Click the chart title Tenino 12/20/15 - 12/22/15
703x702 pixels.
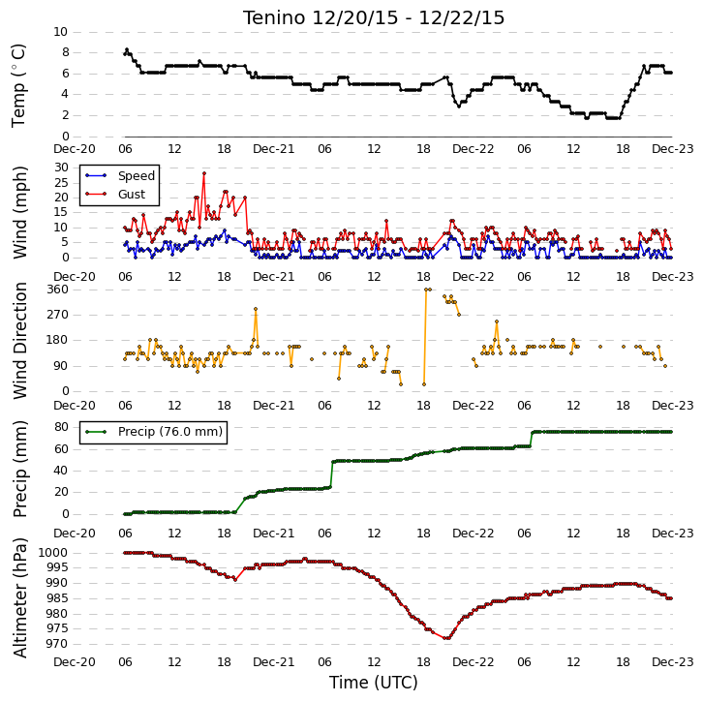coord(374,18)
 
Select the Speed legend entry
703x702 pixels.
coord(120,175)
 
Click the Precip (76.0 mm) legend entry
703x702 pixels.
coord(154,432)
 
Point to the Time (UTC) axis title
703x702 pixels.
coord(374,683)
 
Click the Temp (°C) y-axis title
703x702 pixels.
coord(18,85)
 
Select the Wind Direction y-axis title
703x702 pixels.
coord(19,341)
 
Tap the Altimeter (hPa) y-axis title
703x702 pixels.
coord(19,597)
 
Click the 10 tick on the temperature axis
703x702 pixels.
coord(61,32)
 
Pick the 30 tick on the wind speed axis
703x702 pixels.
coord(61,168)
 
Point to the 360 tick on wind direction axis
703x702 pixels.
coord(58,290)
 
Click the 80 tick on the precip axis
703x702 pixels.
coord(61,427)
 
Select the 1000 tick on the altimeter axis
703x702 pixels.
coord(53,553)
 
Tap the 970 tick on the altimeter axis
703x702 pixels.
coord(57,644)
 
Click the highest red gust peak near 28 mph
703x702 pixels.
coord(204,173)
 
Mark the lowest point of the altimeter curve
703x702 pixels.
coord(445,638)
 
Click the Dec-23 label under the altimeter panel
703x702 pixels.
coord(673,662)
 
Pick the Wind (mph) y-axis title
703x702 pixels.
coord(19,212)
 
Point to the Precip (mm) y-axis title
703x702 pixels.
coord(19,469)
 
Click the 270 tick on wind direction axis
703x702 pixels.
coord(58,315)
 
